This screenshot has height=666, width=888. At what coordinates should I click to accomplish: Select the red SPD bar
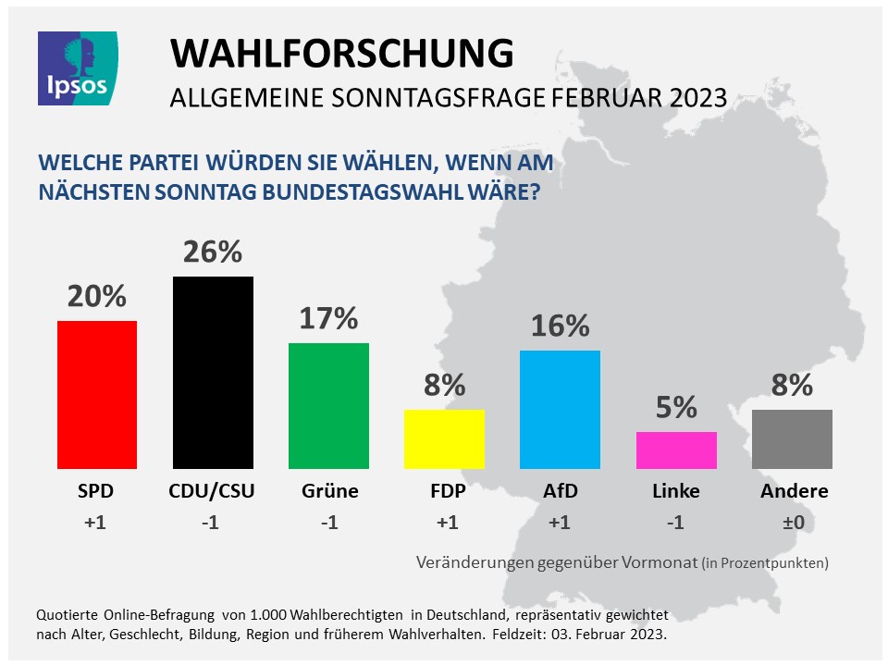[x=97, y=395]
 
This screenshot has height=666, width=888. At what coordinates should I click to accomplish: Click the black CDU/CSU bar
[x=213, y=373]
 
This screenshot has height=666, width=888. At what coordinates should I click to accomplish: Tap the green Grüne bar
[x=328, y=406]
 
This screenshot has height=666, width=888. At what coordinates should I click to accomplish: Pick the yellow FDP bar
[x=444, y=439]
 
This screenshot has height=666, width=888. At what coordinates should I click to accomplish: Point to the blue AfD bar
[x=560, y=410]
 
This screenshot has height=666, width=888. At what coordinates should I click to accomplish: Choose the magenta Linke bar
[x=676, y=450]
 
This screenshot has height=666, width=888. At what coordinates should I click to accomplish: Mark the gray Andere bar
[x=792, y=439]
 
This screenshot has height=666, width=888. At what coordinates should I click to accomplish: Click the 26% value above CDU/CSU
[x=213, y=252]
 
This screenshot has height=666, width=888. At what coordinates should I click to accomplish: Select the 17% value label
[x=328, y=318]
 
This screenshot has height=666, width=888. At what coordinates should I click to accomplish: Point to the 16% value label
[x=560, y=326]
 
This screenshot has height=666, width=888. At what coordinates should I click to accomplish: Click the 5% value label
[x=676, y=407]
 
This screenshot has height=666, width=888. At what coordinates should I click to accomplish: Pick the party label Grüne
[x=328, y=491]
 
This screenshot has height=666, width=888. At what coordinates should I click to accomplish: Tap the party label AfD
[x=560, y=491]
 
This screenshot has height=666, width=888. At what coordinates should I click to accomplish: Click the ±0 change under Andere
[x=793, y=523]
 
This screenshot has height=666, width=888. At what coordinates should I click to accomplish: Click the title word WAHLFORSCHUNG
[x=341, y=55]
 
